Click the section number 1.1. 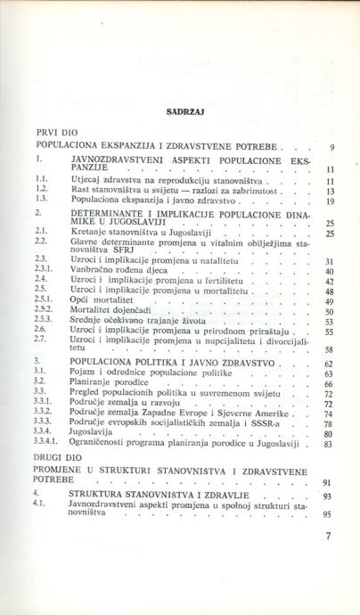[x=42, y=178]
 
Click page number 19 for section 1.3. [x=328, y=201]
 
